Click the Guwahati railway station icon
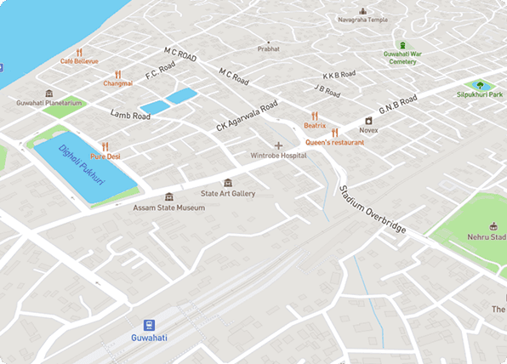click(x=150, y=325)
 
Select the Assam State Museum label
click(x=168, y=208)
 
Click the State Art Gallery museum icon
click(x=227, y=182)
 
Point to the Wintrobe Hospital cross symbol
click(x=278, y=145)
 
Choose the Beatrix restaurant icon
click(x=315, y=115)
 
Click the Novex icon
click(x=368, y=121)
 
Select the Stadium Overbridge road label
click(x=373, y=210)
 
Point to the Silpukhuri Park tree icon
click(x=481, y=84)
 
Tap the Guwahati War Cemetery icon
click(x=401, y=44)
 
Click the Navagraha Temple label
click(x=363, y=20)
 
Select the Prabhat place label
click(x=268, y=49)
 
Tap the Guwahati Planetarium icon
click(x=48, y=93)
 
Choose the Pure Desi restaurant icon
click(x=105, y=146)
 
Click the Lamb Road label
click(x=130, y=115)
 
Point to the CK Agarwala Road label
click(x=247, y=117)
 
